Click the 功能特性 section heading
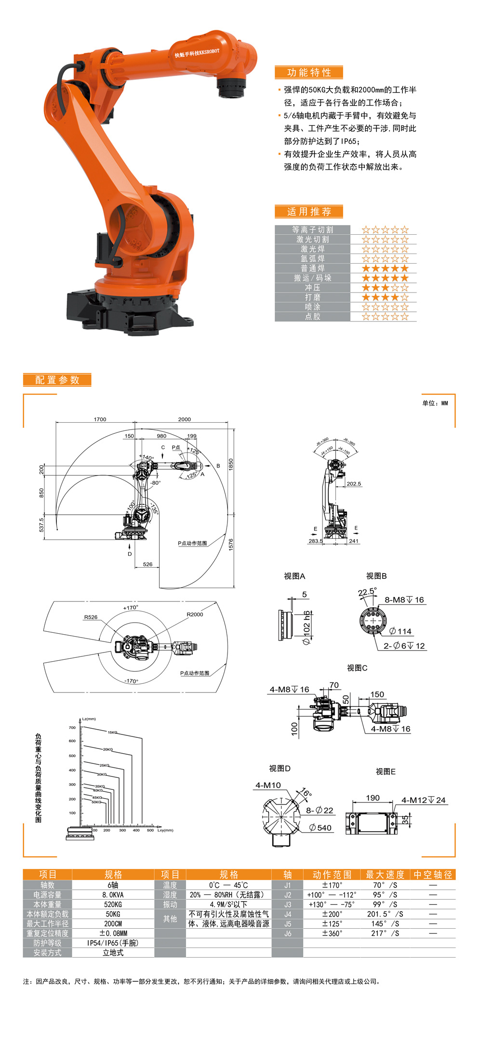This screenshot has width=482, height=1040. point(309,72)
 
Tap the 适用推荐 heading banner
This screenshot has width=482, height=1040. point(309,212)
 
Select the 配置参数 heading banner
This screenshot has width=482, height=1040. point(57,380)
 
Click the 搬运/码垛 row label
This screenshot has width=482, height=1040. point(312,278)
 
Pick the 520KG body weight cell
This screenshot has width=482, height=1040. point(113,905)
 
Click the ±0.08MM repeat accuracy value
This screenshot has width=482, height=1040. point(113,933)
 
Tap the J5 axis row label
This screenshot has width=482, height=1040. point(287,924)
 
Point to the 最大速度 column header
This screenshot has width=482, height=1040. point(385,875)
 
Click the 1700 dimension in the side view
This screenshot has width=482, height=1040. point(100,419)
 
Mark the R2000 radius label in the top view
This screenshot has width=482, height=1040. point(195,614)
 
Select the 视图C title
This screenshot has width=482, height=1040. point(357,668)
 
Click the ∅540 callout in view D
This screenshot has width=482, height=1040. point(321,828)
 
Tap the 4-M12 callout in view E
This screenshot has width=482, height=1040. point(423,800)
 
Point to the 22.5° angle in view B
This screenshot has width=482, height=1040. point(367,592)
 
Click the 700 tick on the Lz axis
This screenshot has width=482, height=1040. point(72,728)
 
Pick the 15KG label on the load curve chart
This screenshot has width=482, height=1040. point(112,733)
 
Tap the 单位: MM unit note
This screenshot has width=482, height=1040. point(435,403)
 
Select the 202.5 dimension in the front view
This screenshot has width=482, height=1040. point(353,484)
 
